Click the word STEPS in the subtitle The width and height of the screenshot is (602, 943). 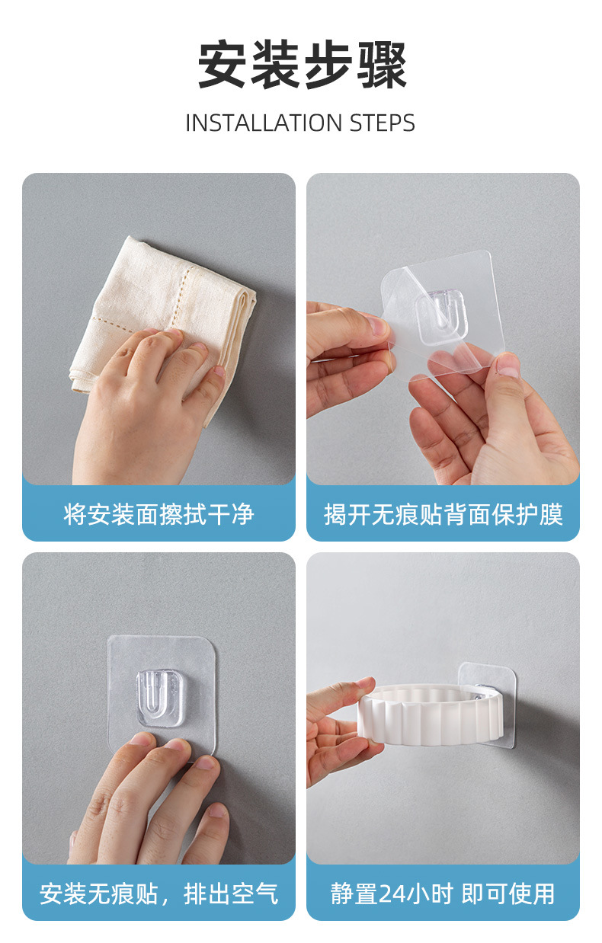pos(383,123)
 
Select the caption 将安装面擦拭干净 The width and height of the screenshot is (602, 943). pos(159,514)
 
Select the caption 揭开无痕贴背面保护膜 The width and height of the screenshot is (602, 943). pos(443,514)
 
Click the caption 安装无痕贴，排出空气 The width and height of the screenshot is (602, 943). pos(159,893)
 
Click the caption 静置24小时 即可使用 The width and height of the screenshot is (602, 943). pos(443,893)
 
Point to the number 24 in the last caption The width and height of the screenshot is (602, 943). pos(389,893)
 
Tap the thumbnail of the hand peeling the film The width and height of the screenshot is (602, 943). pos(507,366)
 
